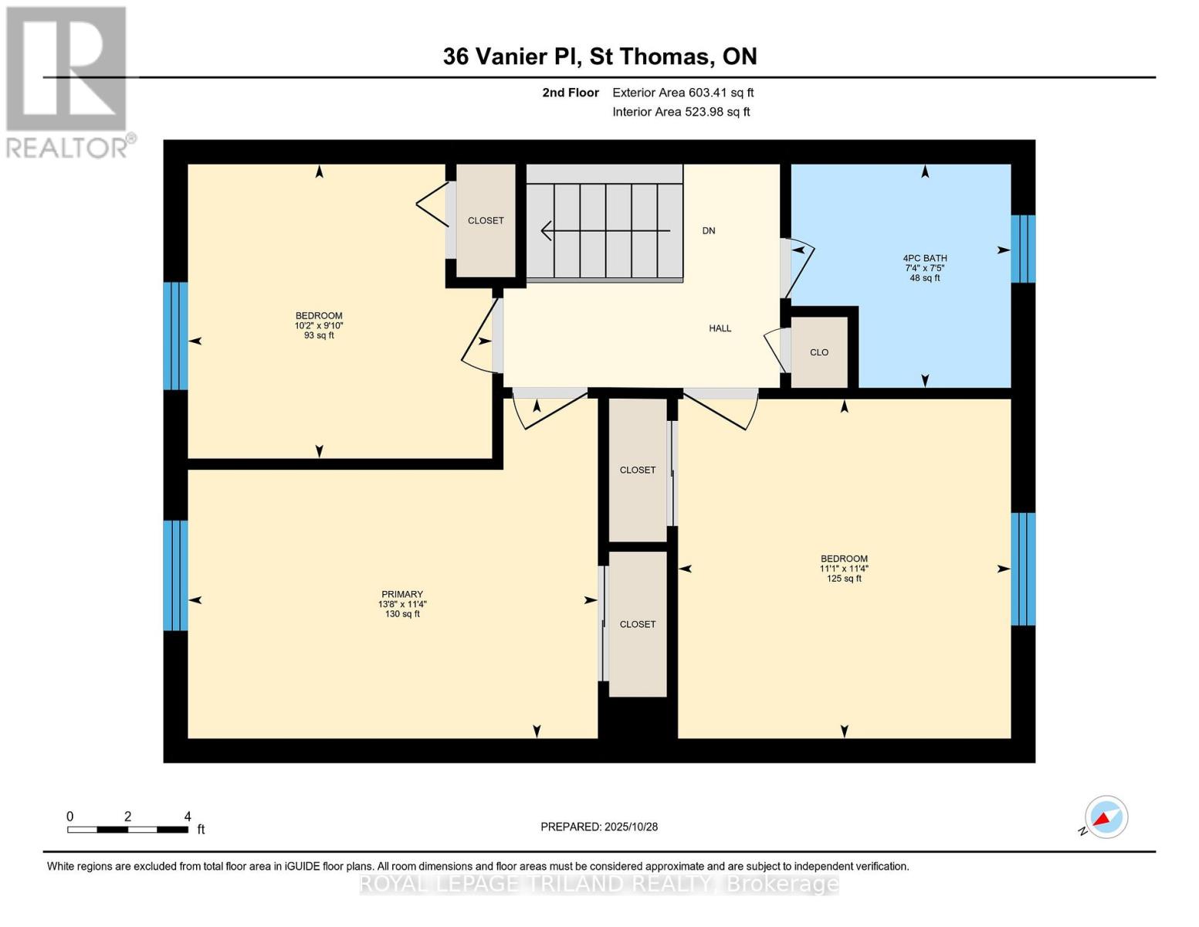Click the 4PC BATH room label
pyautogui.click(x=924, y=259)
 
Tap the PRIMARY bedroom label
pyautogui.click(x=401, y=595)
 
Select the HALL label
pyautogui.click(x=720, y=328)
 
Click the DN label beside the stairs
pyautogui.click(x=708, y=231)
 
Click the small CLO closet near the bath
pyautogui.click(x=819, y=352)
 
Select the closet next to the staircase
pyautogui.click(x=486, y=221)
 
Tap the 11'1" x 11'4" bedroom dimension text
pyautogui.click(x=844, y=569)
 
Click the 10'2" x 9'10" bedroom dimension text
pyautogui.click(x=319, y=326)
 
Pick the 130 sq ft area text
pyautogui.click(x=402, y=614)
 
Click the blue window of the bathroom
pyautogui.click(x=1023, y=249)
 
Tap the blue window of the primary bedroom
pyautogui.click(x=175, y=576)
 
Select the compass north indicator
pyautogui.click(x=1106, y=817)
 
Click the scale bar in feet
pyautogui.click(x=127, y=830)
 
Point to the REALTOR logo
pyautogui.click(x=68, y=81)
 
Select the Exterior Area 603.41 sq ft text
pyautogui.click(x=682, y=93)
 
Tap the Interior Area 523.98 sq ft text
pyautogui.click(x=681, y=112)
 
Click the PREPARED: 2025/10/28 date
pyautogui.click(x=599, y=827)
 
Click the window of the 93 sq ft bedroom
pyautogui.click(x=175, y=336)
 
